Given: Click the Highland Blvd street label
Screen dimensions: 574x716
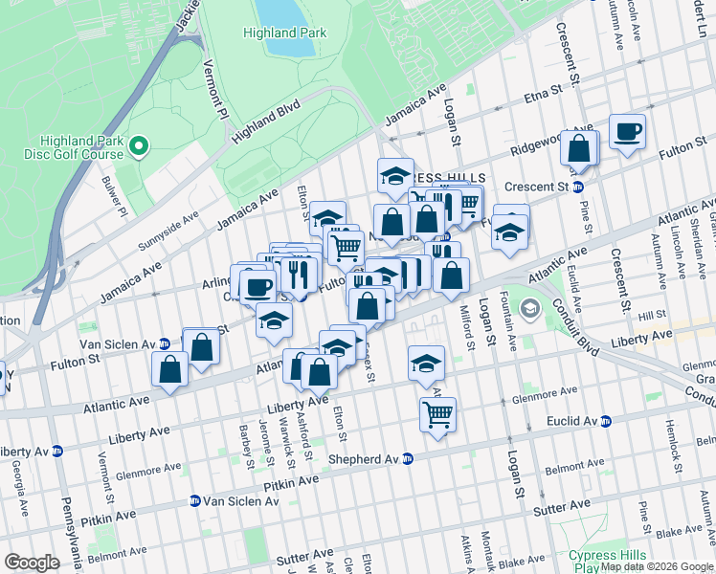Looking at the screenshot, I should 266,120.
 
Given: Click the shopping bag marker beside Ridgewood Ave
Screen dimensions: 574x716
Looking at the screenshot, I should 579,148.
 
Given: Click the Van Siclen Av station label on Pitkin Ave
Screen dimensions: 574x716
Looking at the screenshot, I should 242,500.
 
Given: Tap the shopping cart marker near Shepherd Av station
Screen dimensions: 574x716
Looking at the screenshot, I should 437,414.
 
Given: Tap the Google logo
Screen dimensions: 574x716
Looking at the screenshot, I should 33,563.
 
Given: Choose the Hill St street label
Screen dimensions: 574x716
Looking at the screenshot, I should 651,315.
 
